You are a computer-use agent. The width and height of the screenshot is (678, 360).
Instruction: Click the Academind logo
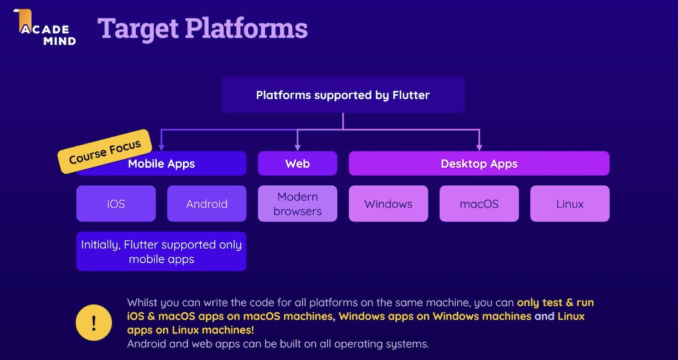click(45, 27)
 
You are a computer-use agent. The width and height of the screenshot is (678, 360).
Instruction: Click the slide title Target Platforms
click(202, 28)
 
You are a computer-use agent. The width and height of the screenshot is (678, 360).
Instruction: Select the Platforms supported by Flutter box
click(343, 95)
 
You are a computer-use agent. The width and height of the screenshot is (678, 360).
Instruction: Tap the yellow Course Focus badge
click(105, 151)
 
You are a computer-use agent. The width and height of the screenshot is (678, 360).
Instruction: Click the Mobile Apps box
click(161, 164)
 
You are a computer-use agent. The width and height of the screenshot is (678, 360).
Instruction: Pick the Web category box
click(297, 164)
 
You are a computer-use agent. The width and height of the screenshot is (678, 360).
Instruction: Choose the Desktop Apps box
click(479, 164)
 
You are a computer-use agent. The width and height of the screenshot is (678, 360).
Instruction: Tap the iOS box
click(116, 203)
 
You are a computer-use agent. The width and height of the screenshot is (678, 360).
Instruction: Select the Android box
click(206, 203)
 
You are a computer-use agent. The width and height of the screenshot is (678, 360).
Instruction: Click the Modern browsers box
click(297, 203)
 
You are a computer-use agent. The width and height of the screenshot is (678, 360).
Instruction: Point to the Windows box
click(388, 203)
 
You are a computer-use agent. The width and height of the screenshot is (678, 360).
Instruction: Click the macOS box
click(479, 203)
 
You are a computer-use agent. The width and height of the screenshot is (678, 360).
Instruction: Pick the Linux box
click(570, 203)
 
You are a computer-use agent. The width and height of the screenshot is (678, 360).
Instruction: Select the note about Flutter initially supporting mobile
click(161, 252)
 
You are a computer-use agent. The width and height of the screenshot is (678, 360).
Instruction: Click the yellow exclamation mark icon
click(94, 322)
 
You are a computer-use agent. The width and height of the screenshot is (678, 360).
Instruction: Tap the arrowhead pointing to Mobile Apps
click(161, 148)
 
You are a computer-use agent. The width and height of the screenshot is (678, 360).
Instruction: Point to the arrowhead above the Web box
click(297, 148)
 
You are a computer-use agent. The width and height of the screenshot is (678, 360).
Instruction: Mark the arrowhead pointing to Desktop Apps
click(479, 148)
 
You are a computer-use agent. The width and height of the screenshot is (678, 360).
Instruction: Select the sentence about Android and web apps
click(278, 344)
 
